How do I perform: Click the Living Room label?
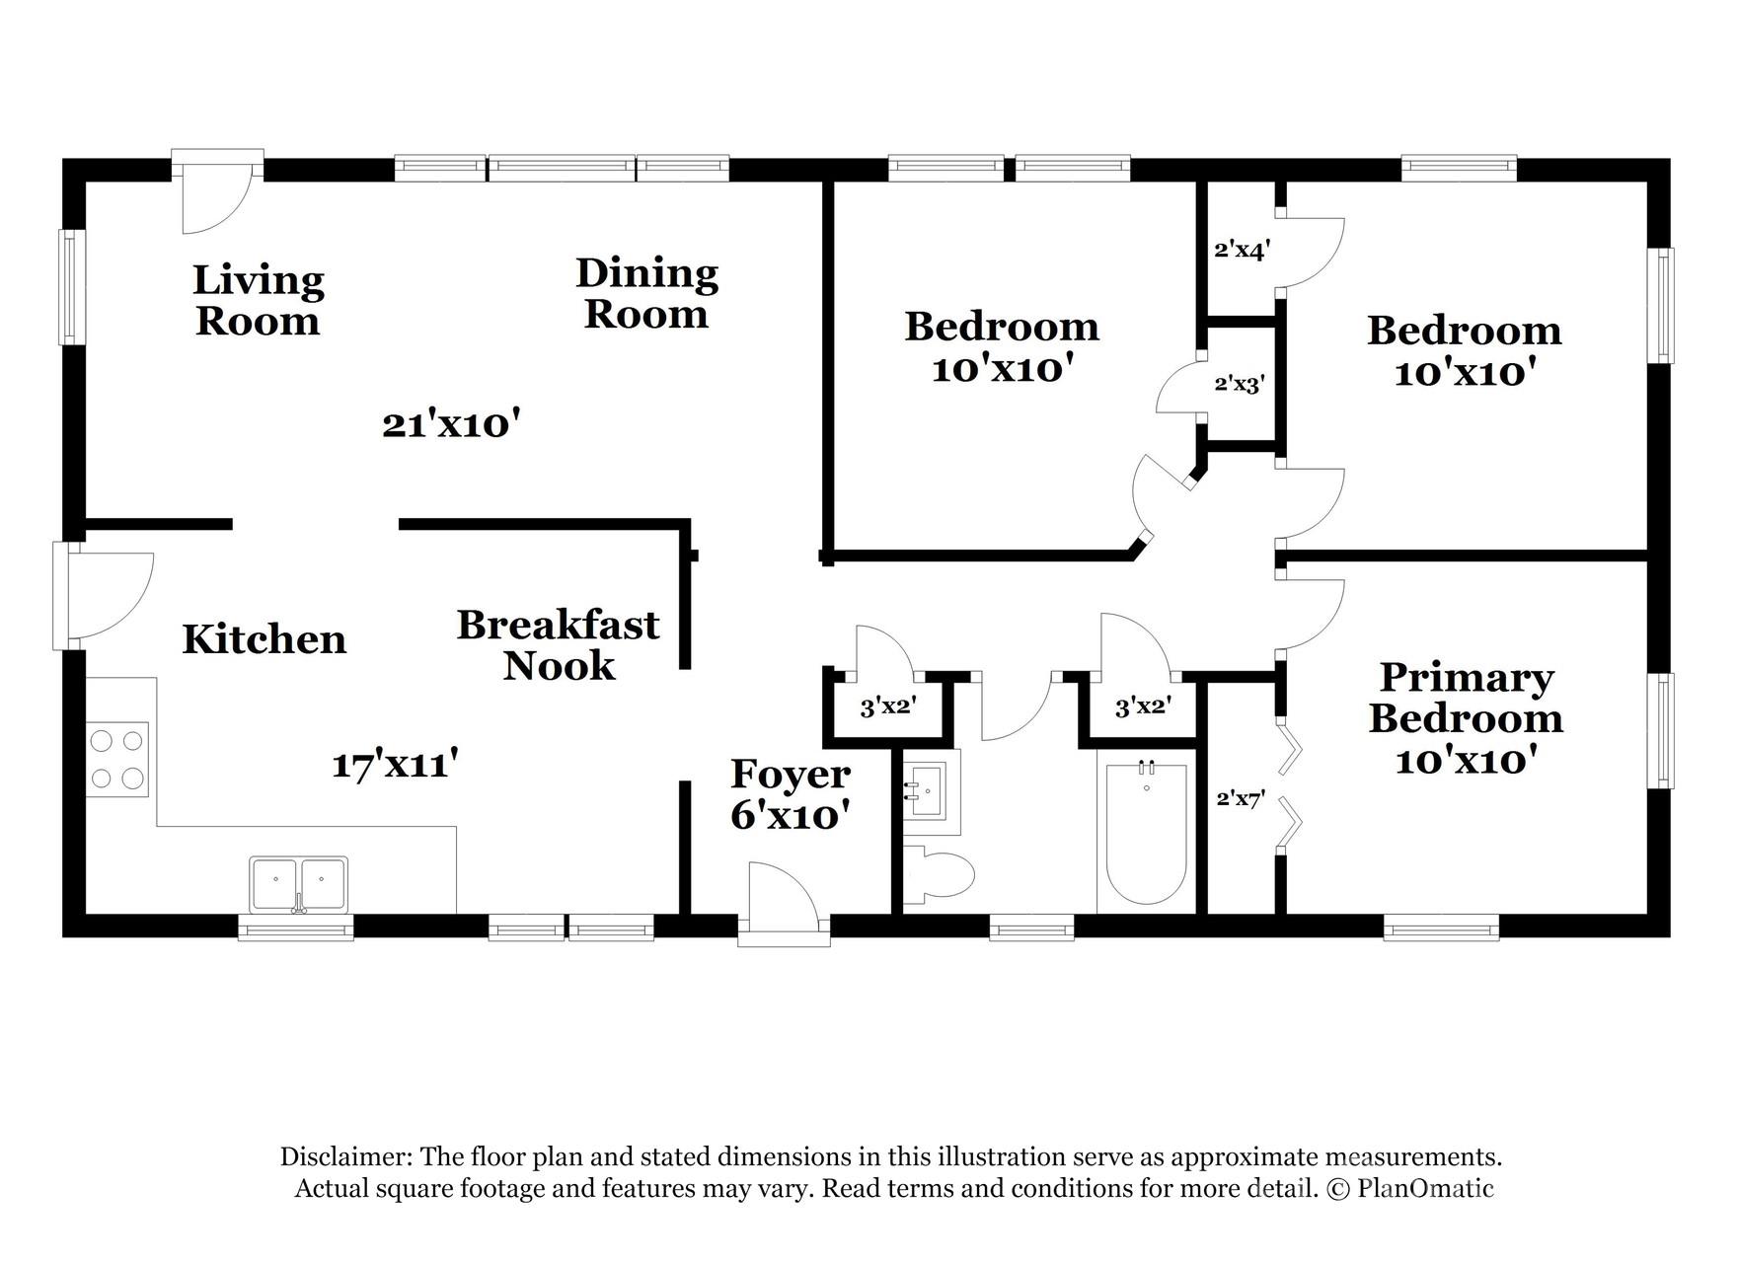coord(258,301)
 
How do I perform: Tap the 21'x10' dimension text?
coord(451,425)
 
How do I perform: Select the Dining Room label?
coord(646,294)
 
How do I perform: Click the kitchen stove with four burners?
coord(117,759)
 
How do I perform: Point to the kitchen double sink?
coord(298,883)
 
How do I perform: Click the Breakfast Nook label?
coord(558,645)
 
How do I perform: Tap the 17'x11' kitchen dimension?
coord(395,765)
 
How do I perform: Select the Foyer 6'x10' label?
coord(790,795)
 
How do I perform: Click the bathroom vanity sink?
coord(926,789)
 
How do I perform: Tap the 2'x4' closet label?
coord(1241,250)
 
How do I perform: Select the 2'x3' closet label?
coord(1239,384)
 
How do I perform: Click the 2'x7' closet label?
coord(1241,799)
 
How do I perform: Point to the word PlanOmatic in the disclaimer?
coord(1424,1188)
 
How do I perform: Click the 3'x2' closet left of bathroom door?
coord(888,706)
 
